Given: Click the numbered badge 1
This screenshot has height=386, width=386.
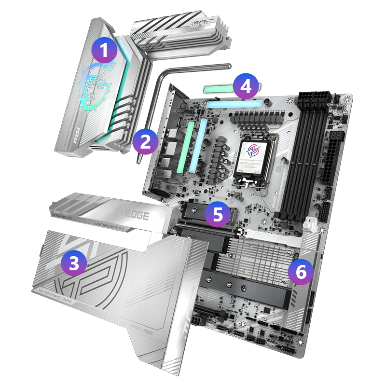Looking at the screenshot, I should [105, 50].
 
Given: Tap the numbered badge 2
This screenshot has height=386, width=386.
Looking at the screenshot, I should [145, 141].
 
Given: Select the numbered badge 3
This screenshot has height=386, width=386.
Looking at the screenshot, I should [74, 263].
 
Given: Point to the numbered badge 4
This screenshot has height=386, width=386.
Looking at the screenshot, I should [246, 87].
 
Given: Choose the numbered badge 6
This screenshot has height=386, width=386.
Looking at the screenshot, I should [301, 272].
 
